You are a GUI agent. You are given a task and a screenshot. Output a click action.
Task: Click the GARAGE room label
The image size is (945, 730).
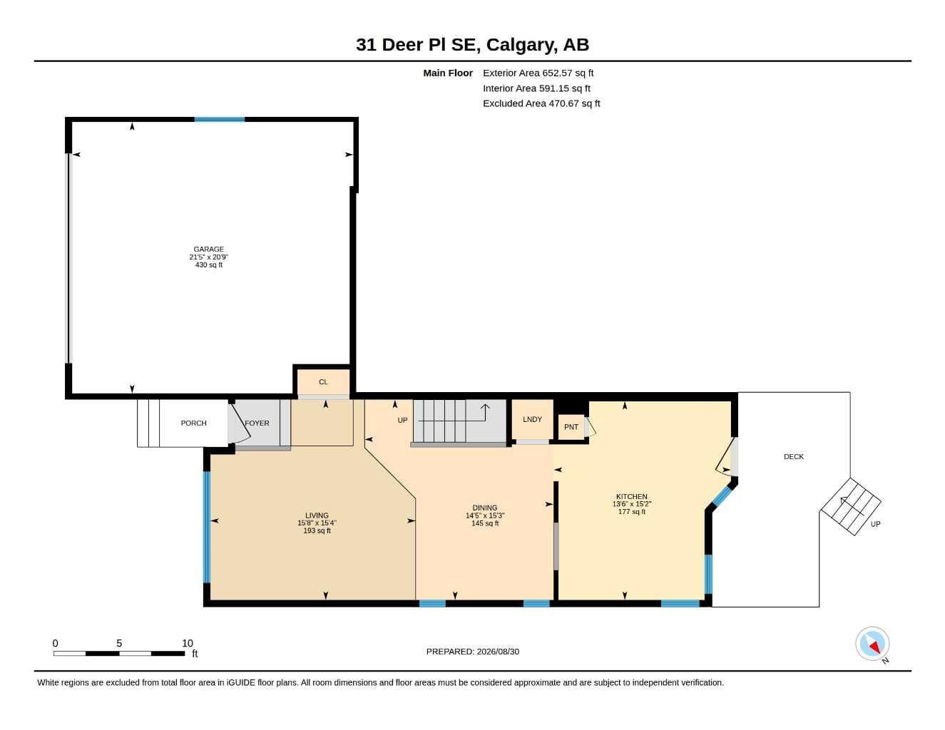(208, 249)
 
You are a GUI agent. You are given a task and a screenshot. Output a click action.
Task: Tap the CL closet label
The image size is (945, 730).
(323, 382)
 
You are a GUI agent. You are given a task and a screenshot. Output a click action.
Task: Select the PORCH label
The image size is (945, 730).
(193, 423)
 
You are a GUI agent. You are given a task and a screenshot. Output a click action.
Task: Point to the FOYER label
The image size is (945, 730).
(257, 423)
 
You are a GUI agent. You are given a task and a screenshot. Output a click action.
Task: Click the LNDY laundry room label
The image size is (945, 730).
(532, 419)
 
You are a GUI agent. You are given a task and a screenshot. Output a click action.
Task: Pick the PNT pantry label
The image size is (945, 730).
(571, 427)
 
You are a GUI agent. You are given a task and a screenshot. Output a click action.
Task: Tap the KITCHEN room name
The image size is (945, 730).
(631, 496)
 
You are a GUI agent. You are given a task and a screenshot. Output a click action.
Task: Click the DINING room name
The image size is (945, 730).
(485, 508)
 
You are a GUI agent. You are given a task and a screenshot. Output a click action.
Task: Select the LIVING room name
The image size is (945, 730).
(317, 515)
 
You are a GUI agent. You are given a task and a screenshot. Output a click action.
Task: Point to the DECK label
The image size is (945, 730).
(794, 456)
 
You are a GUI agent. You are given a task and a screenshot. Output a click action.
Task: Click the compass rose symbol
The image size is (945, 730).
(872, 644)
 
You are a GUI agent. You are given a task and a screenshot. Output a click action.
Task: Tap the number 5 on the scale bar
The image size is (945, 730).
(118, 643)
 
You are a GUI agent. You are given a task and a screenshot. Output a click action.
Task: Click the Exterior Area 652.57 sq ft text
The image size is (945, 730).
(538, 73)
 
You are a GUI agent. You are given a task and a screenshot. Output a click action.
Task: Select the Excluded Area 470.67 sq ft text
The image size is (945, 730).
(541, 103)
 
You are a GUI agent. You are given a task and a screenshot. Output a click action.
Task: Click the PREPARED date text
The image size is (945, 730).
(473, 652)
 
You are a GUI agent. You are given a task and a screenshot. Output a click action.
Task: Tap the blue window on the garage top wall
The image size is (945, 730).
(219, 120)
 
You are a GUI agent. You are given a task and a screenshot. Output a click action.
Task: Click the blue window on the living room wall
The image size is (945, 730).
(207, 527)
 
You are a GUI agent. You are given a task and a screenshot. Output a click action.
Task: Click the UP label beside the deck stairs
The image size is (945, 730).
(875, 524)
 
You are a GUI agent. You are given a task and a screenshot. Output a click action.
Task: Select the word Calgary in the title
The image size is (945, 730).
(522, 45)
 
